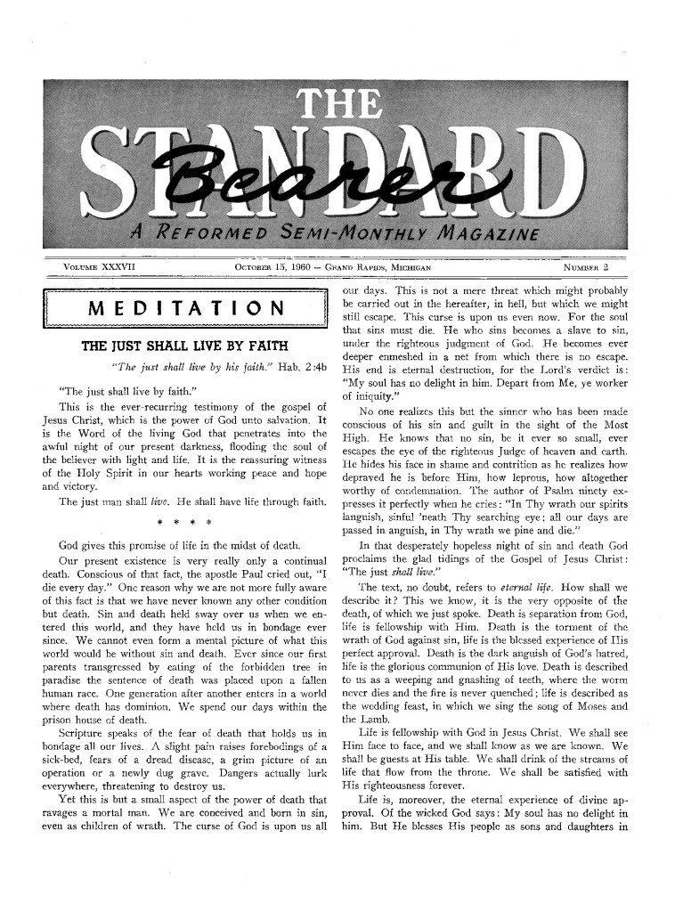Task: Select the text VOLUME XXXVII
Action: coord(98,266)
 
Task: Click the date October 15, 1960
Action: coord(266,266)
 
